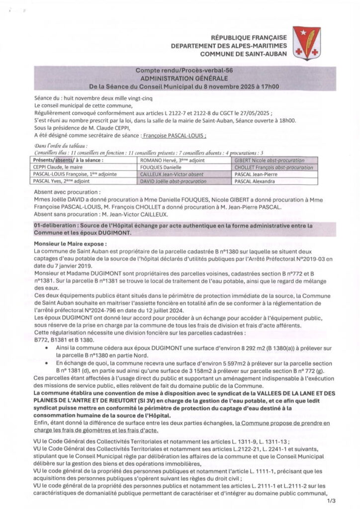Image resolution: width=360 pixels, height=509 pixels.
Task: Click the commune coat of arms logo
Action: (x=306, y=43)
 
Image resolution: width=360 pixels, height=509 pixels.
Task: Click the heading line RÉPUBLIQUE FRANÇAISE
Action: (x=249, y=38)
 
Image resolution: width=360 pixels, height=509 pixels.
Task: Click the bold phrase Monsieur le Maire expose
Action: (x=70, y=245)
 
